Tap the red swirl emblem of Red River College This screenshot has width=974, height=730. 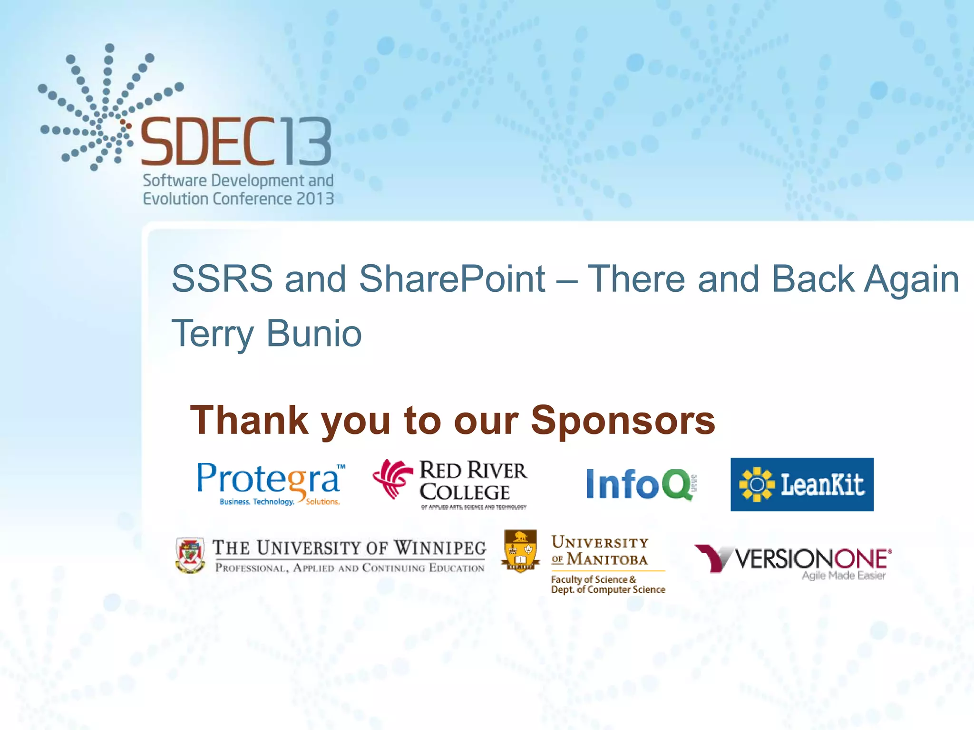click(x=392, y=479)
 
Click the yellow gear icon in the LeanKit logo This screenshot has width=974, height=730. click(x=757, y=484)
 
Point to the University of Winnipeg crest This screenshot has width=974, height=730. click(x=190, y=555)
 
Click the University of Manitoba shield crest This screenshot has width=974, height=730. click(x=521, y=551)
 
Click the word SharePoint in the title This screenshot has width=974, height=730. click(x=452, y=279)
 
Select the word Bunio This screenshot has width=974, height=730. click(x=314, y=334)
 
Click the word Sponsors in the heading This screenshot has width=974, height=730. click(x=623, y=421)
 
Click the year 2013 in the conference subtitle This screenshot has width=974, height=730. click(x=315, y=199)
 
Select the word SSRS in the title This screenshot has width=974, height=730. click(x=222, y=279)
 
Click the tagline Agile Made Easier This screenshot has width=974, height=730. click(x=843, y=576)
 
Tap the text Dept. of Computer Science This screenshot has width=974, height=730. click(x=608, y=590)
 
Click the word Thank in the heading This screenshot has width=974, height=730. click(x=249, y=421)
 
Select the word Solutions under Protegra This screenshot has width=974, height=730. click(x=322, y=502)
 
